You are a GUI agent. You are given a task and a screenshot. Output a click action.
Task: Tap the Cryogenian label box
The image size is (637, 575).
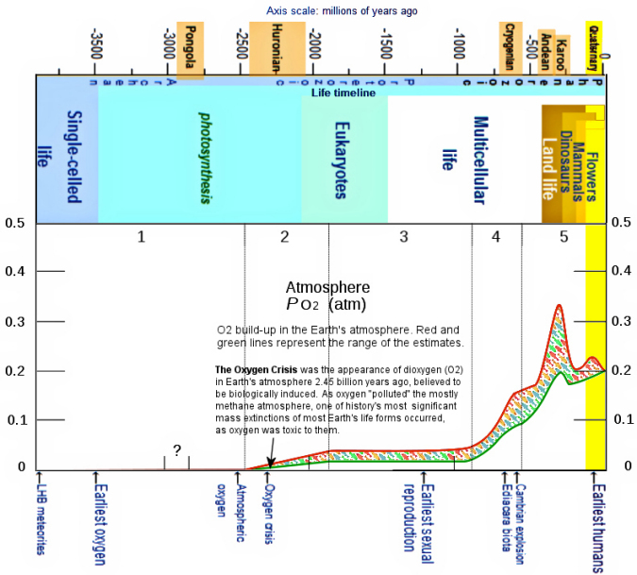click(x=510, y=46)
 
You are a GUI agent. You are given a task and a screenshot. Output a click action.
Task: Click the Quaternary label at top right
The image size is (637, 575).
click(x=594, y=46)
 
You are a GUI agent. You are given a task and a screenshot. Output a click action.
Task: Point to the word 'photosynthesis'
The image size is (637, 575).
click(x=203, y=158)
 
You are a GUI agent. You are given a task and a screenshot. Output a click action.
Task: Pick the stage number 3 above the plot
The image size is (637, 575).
click(x=403, y=237)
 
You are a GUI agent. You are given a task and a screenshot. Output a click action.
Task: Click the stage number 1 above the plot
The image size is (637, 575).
click(x=141, y=237)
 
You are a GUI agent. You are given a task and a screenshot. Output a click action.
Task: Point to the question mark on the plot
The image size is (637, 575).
click(x=176, y=449)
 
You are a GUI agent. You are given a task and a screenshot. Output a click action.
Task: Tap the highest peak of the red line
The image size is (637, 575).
click(x=560, y=306)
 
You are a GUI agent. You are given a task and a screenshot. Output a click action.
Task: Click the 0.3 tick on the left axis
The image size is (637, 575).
click(x=14, y=320)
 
